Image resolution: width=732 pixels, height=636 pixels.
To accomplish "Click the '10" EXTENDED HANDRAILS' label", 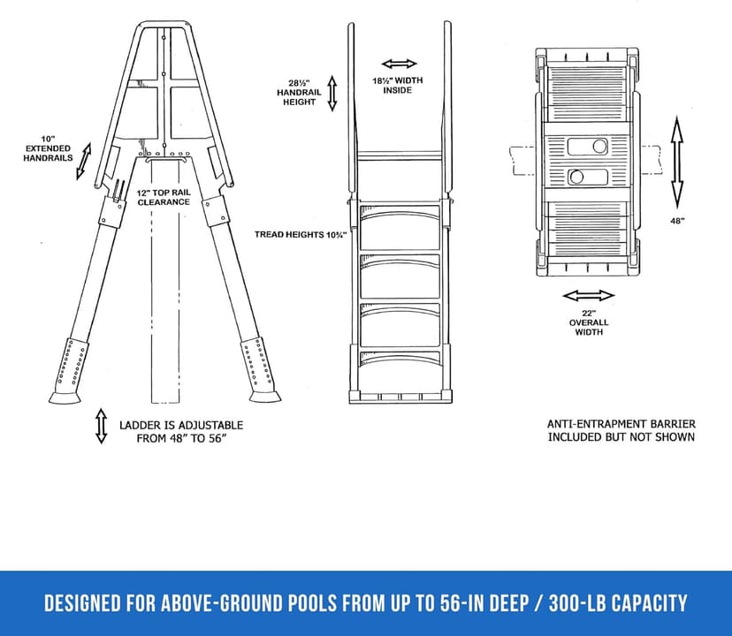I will click(x=48, y=148).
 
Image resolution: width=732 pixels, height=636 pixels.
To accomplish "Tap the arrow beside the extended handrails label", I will click(x=84, y=160).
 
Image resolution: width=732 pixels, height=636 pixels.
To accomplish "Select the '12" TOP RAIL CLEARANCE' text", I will click(x=164, y=196).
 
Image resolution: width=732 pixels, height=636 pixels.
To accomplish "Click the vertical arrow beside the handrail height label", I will click(x=332, y=93).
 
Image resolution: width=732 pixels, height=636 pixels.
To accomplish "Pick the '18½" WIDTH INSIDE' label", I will click(x=397, y=85).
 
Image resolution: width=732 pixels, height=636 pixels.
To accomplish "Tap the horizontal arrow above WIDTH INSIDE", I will click(x=400, y=64).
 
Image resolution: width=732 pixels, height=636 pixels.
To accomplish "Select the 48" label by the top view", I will click(x=676, y=221).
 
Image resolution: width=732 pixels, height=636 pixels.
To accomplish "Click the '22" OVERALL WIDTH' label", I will click(x=589, y=322).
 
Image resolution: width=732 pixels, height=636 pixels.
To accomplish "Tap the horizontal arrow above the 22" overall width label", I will click(x=589, y=296).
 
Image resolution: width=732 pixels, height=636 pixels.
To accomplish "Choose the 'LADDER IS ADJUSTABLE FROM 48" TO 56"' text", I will click(x=181, y=431).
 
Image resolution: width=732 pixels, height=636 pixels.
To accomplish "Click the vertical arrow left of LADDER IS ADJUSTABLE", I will click(x=101, y=426).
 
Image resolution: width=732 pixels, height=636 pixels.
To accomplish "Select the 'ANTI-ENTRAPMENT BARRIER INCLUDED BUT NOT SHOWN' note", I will click(x=621, y=430).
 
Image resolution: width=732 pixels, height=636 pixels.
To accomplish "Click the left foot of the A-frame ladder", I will click(x=64, y=397).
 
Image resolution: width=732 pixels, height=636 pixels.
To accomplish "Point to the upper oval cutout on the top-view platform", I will click(x=591, y=145).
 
